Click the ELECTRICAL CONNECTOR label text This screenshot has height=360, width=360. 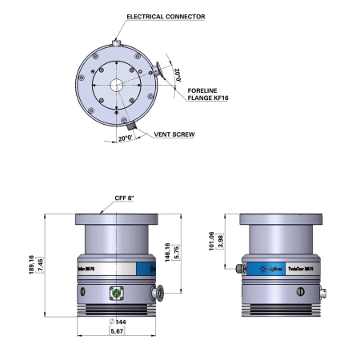point(166,16)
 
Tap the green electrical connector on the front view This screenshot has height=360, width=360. point(116,293)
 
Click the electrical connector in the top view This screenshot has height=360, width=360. point(118,42)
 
